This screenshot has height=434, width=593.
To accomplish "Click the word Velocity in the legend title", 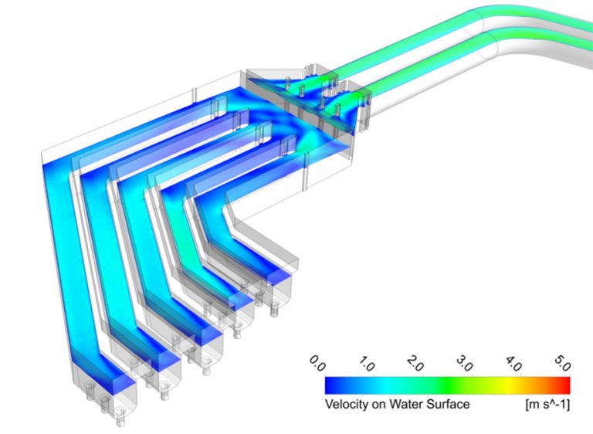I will tap(344, 403).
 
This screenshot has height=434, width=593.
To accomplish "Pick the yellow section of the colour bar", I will tap(510, 385).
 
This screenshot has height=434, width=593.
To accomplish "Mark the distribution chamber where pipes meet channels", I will tap(309, 116).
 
